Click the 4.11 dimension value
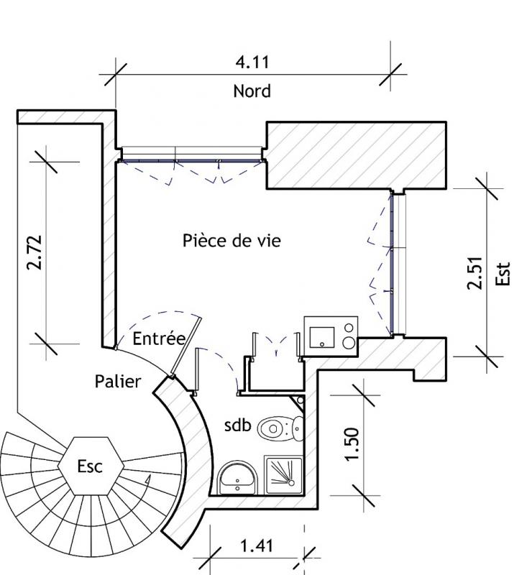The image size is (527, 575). pos(252,62)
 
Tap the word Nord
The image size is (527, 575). pos(252,91)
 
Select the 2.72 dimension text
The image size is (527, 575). pos(35,253)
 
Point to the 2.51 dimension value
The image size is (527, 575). pos(475,273)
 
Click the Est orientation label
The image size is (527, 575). pos(503,274)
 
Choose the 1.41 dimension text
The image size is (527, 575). pos(257,546)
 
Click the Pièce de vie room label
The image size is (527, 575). pos(232,241)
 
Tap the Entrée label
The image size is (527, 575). pos(159,338)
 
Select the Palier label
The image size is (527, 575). pos(118,382)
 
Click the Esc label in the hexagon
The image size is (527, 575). pos(90,466)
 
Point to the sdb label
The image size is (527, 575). pos(238,425)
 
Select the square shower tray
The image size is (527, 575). pos(283,475)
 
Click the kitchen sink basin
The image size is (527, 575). pos(322,337)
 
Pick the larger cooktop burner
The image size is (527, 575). pos(349,343)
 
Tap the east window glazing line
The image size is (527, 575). pos(391,264)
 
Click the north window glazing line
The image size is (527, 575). pos(192,160)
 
